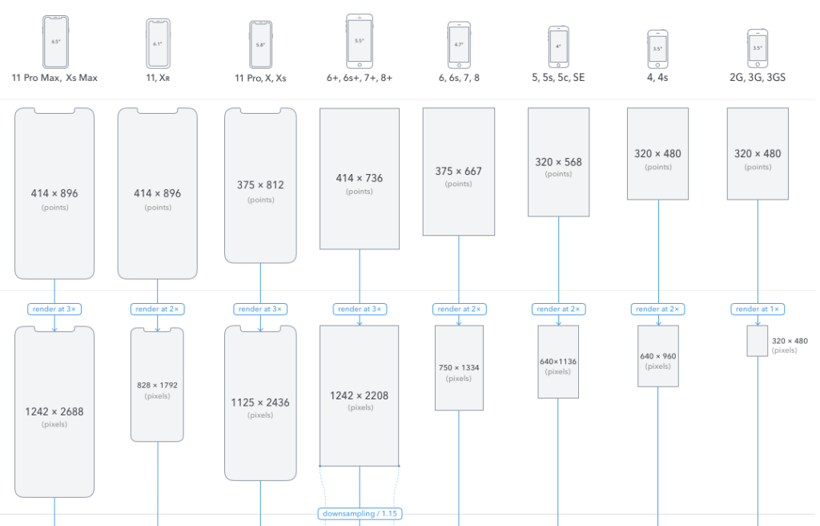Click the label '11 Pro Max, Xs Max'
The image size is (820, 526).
54,78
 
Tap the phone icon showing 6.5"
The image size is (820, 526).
54,41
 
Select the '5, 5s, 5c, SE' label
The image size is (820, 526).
558,78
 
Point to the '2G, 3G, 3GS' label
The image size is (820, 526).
757,78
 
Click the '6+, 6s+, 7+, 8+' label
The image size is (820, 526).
359,78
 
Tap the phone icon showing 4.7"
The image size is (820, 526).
459,44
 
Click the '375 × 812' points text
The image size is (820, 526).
260,184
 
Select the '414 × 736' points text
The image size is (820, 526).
359,178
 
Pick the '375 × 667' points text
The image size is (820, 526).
459,171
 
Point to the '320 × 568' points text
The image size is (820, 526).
558,162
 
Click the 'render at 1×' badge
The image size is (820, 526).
757,309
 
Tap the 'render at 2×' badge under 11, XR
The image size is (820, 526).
157,309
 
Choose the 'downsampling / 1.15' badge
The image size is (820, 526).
359,513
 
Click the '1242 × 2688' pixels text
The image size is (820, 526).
54,411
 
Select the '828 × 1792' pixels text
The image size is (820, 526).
157,385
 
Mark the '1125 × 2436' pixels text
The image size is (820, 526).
260,403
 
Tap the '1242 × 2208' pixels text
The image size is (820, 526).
359,395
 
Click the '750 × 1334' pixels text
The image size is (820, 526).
459,367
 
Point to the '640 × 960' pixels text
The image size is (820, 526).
657,356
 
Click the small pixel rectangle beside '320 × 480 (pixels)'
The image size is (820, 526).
757,341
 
